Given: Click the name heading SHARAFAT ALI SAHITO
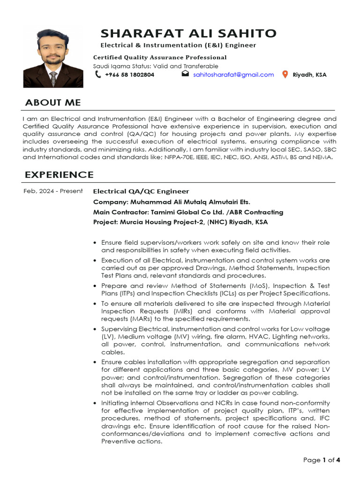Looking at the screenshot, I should (x=188, y=33).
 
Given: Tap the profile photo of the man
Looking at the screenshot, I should (x=53, y=58).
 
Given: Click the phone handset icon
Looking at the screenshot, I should (x=98, y=75).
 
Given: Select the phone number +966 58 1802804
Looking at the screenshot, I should (x=129, y=75).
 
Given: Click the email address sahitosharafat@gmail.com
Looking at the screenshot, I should (x=233, y=75).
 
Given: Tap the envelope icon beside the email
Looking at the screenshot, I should (x=185, y=74).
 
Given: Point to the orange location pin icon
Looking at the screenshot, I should (x=285, y=75).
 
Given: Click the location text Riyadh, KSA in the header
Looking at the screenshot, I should (x=309, y=75).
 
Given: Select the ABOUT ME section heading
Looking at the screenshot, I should (x=52, y=103).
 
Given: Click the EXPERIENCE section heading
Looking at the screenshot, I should (x=59, y=175).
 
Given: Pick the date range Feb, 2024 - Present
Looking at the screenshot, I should (x=53, y=191).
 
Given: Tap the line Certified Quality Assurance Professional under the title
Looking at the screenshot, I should (x=160, y=57).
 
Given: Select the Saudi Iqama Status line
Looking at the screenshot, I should (x=156, y=66).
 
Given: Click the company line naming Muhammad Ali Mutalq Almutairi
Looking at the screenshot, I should (x=172, y=202).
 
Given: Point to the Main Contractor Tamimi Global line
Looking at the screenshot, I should (x=188, y=212).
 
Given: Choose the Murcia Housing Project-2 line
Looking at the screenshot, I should (x=180, y=222).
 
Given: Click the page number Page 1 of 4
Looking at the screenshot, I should (x=322, y=460).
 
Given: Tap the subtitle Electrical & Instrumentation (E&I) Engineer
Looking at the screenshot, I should (x=179, y=45).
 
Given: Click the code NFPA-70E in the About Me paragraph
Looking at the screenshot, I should (x=180, y=157).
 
